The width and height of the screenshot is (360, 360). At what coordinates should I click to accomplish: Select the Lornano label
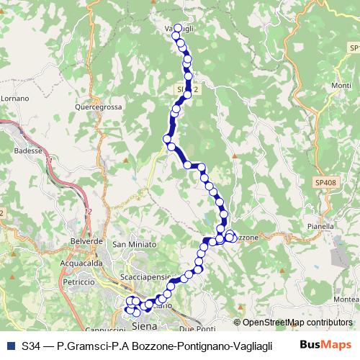pyautogui.click(x=12, y=97)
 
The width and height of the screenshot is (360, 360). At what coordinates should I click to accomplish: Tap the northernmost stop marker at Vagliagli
pyautogui.click(x=178, y=28)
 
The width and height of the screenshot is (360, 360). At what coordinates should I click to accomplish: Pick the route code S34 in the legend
pyautogui.click(x=32, y=346)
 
